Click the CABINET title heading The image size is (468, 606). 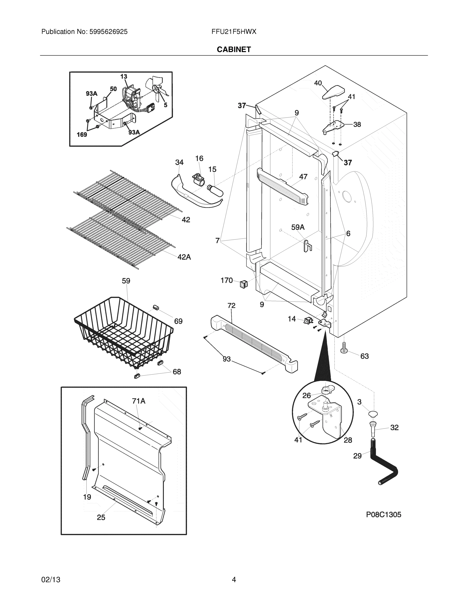(x=234, y=49)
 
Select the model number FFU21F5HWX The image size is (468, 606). (x=234, y=32)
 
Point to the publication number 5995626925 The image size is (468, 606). (x=108, y=32)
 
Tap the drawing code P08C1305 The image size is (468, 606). (x=383, y=515)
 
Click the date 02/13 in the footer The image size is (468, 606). (x=51, y=580)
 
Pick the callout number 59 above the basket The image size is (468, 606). (x=126, y=281)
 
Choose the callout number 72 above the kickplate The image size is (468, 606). (x=231, y=306)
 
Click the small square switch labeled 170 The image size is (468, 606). (x=243, y=284)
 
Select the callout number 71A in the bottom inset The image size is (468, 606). (x=139, y=401)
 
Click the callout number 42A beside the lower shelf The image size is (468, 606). (x=184, y=257)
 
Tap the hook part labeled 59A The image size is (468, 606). (x=308, y=246)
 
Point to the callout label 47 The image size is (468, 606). (x=303, y=176)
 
